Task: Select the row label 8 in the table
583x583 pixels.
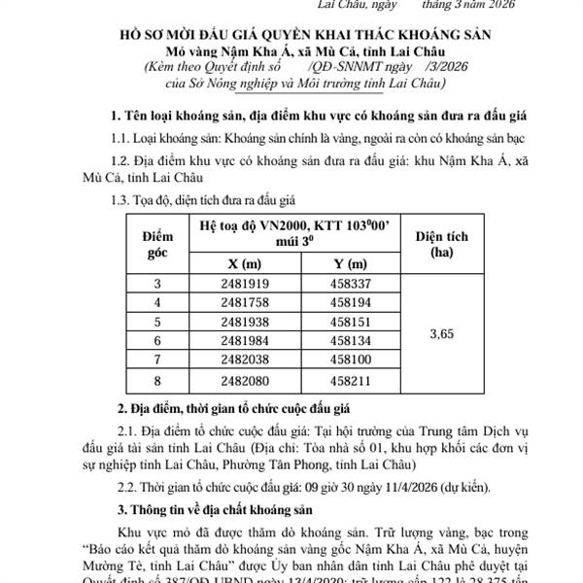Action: [x=158, y=380]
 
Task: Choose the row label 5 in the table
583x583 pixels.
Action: [x=158, y=322]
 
